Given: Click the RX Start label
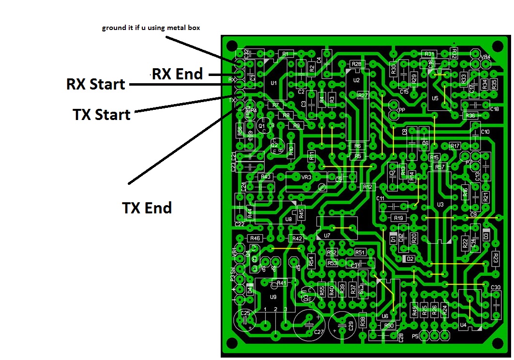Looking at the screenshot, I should coord(95,84).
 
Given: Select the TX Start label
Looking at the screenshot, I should coord(102,115).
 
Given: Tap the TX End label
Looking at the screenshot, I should coord(147,208).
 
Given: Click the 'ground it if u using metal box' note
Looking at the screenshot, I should coord(151,28).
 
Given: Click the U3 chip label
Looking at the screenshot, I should coord(439,205).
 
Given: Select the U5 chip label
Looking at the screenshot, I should coord(435,98).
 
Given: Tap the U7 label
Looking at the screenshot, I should coord(327,236).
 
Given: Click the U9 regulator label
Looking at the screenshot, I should coord(273,297).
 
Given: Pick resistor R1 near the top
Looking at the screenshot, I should coord(285,54).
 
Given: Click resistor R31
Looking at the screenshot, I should coord(429,54).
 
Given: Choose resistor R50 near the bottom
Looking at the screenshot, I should coord(389,326).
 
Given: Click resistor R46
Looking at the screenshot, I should coord(255,238).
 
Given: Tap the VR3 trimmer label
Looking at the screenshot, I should coord(306,177).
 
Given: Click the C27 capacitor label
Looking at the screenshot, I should coord(318,332).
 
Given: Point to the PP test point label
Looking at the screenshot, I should coord(401,110).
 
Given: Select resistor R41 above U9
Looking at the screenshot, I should coord(281,283).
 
